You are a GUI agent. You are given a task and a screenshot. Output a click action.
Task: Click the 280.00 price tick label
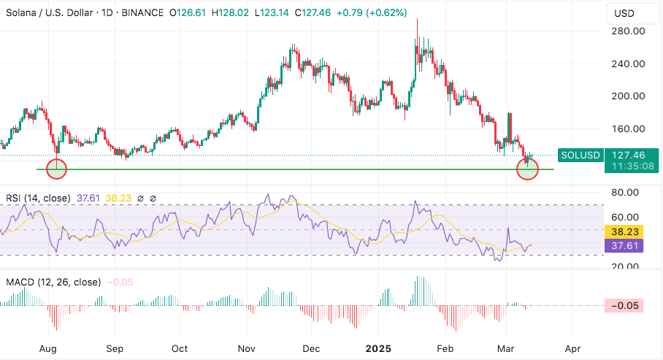point(628,31)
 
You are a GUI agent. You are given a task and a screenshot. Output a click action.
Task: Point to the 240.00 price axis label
point(628,64)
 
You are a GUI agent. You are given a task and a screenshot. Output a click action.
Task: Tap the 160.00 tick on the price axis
point(628,129)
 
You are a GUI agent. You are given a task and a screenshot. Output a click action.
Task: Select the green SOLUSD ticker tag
point(580,155)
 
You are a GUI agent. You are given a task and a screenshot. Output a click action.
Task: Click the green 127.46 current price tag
point(627,155)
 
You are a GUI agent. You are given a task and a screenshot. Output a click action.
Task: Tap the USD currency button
point(624,13)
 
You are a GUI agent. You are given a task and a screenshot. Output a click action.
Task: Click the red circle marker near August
point(56,169)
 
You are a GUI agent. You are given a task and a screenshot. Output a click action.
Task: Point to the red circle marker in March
point(527,169)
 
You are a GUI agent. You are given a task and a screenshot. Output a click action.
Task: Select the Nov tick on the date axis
point(246,349)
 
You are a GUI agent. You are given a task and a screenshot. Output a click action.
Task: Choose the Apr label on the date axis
point(572,349)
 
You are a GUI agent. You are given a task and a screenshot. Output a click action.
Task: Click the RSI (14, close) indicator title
point(37,198)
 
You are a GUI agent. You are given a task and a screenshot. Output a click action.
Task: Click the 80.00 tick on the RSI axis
point(626,193)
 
